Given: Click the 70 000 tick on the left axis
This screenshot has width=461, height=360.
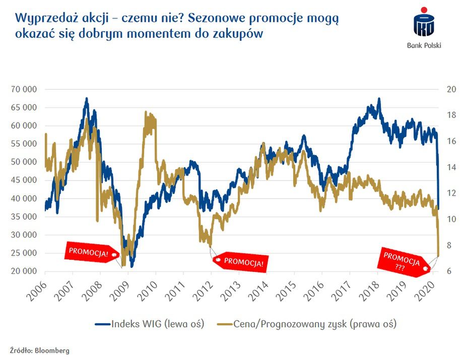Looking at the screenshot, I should pyautogui.click(x=24, y=90).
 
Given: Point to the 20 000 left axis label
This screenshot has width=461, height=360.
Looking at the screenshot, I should pyautogui.click(x=24, y=271).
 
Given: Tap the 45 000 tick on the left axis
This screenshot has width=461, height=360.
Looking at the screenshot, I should pyautogui.click(x=24, y=180).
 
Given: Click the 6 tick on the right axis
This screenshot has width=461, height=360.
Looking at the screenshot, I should pyautogui.click(x=448, y=271).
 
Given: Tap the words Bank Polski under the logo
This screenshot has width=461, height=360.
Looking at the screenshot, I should pyautogui.click(x=424, y=45).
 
